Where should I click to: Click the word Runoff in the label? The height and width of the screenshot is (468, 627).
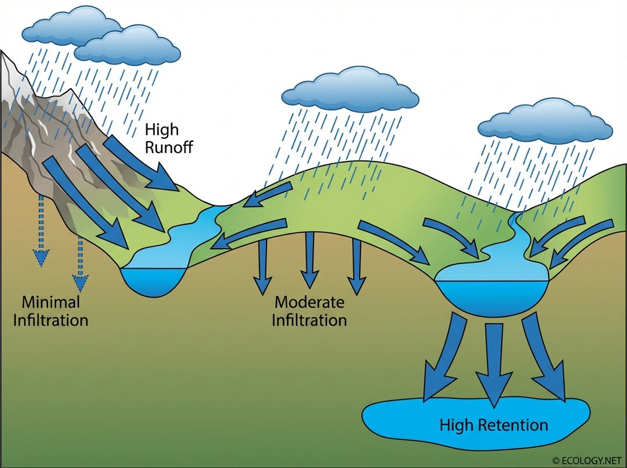point(168,146)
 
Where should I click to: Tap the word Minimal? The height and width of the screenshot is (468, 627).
point(51,303)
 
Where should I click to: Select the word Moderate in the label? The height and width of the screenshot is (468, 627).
point(309,303)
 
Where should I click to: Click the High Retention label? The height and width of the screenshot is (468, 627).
point(493,425)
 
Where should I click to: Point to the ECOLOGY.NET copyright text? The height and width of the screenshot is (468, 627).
point(588,460)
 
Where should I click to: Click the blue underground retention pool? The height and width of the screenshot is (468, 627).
point(406,421)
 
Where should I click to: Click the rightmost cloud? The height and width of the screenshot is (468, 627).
point(545,122)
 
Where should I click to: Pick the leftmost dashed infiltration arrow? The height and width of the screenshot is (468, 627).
point(41,232)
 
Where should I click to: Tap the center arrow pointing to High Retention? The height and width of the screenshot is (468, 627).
point(494,366)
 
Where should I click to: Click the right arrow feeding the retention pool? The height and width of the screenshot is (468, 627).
point(543,360)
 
